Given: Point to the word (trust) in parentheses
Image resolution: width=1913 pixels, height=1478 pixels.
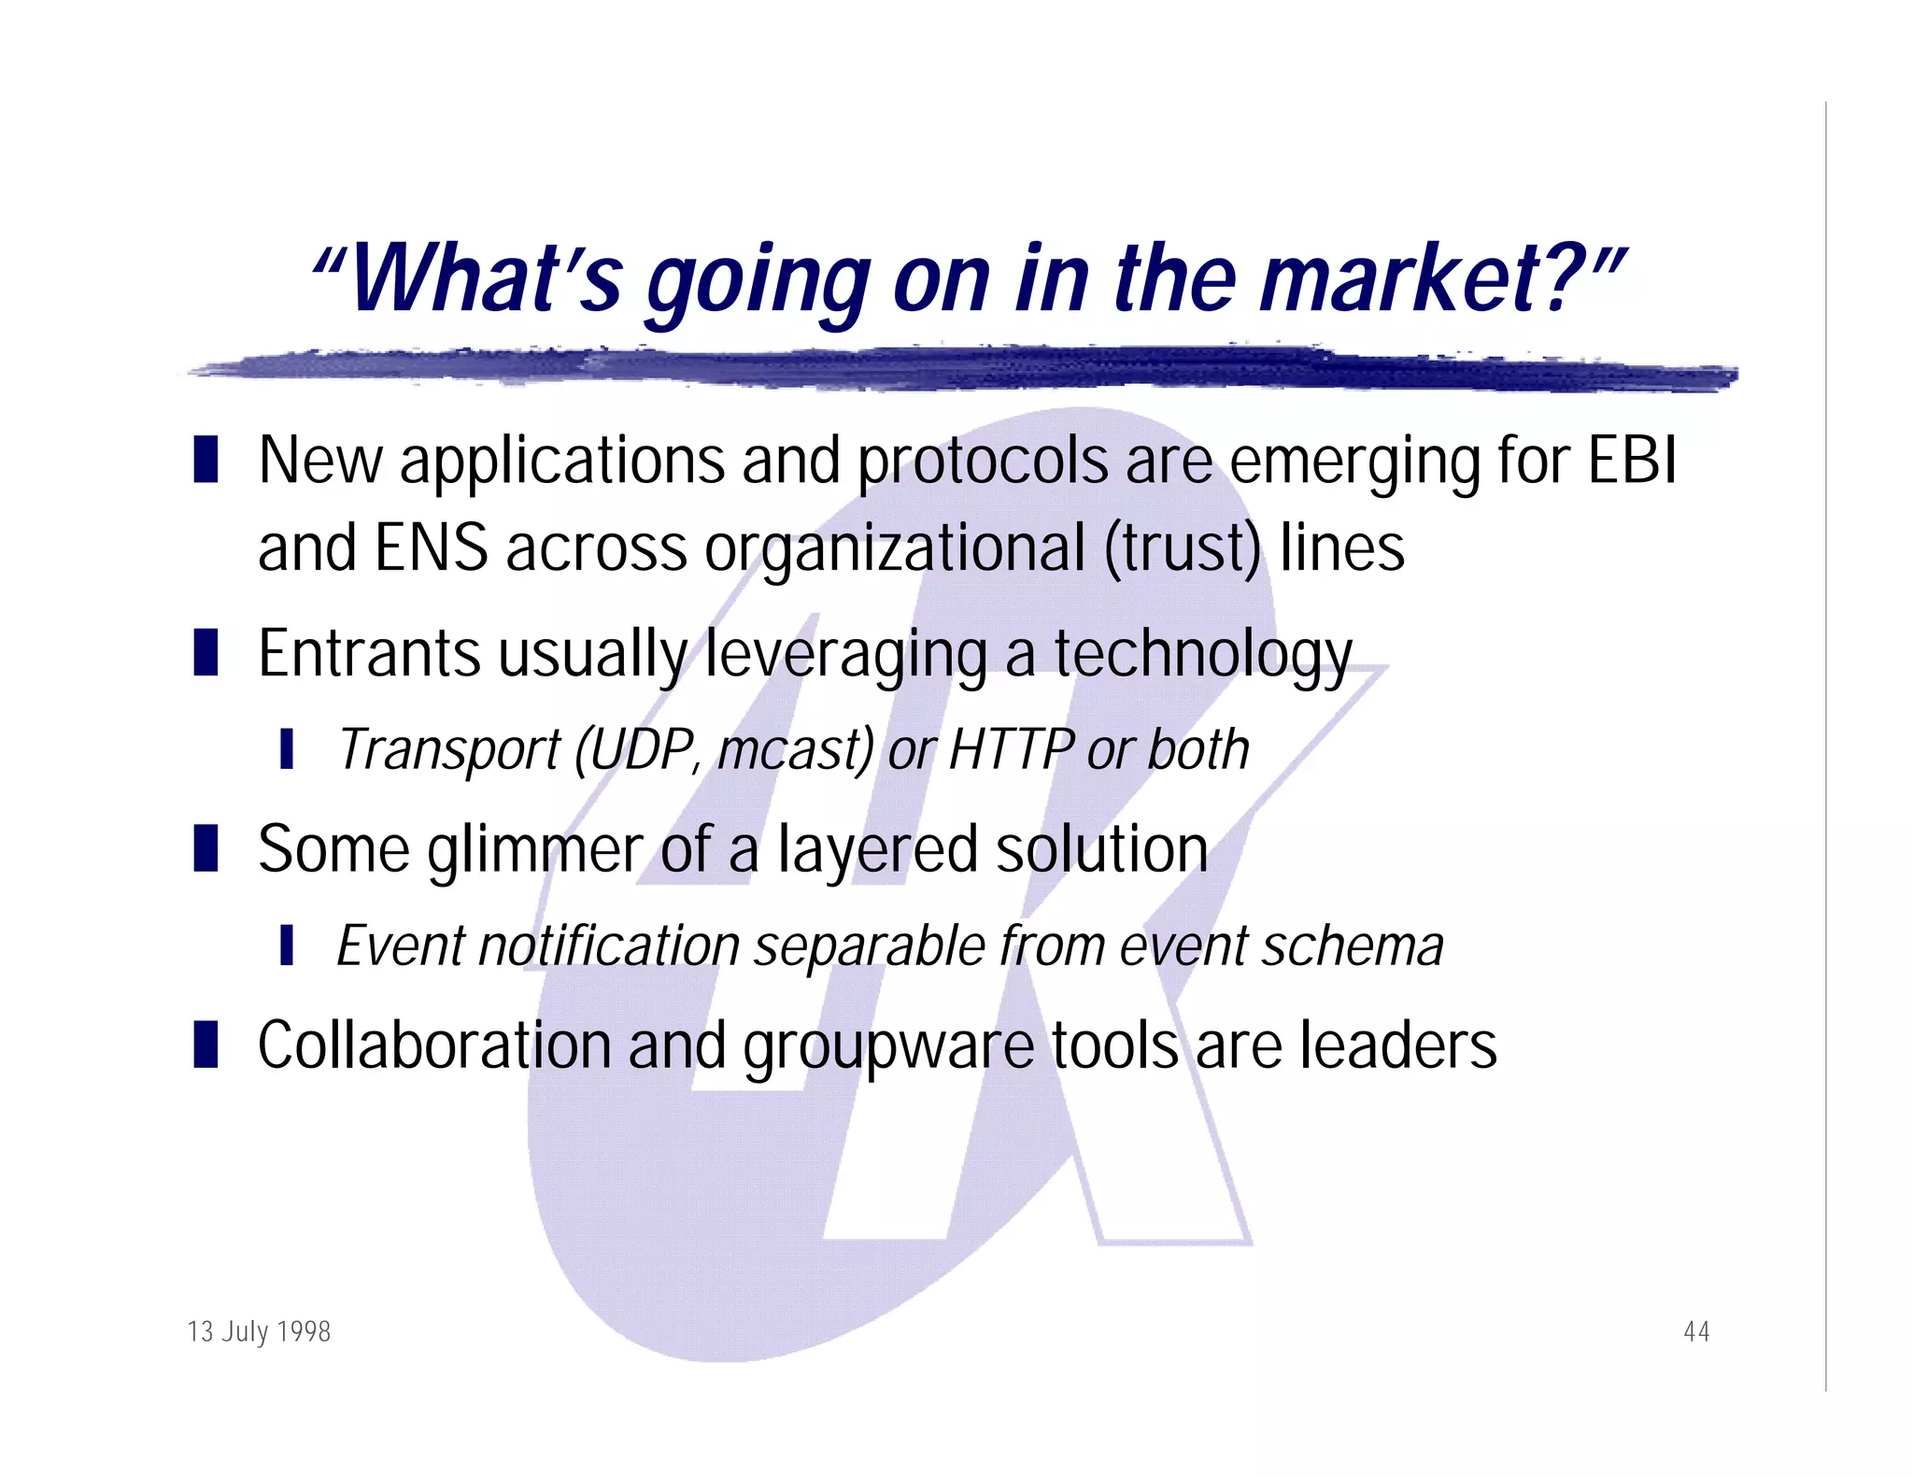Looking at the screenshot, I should point(1183,548).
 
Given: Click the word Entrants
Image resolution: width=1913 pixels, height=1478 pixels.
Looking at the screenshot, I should point(369,653).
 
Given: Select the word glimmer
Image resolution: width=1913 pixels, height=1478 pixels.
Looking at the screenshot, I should point(534,851).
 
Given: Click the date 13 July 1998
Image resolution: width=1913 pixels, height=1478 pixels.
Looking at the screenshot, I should point(259,1330).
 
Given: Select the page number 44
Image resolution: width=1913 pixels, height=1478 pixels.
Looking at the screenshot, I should point(1695,1330).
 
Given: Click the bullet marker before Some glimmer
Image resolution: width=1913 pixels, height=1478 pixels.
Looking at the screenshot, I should point(205,847).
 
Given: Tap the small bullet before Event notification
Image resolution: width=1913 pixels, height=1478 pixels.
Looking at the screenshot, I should point(287,945).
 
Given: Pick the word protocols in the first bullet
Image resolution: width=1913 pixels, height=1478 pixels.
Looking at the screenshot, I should point(982,462).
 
